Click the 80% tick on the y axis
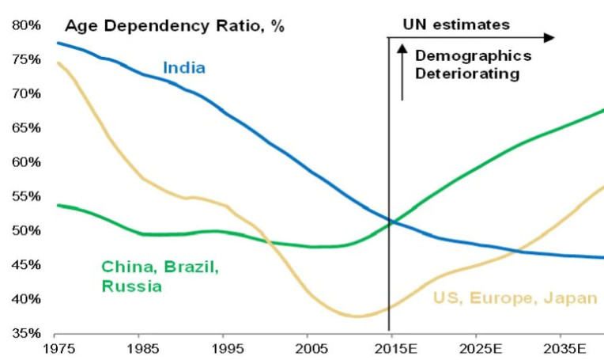point(26,25)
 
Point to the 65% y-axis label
point(26,128)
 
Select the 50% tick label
point(26,231)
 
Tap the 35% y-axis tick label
point(26,333)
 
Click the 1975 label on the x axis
point(56,348)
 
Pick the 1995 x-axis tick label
point(223,348)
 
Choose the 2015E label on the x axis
point(391,348)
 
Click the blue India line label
point(184,67)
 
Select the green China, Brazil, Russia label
point(160,276)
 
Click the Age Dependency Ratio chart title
point(174,25)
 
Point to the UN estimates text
point(456,25)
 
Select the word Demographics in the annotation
point(473,56)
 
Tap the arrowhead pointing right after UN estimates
point(550,37)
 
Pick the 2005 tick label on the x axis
point(307,348)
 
